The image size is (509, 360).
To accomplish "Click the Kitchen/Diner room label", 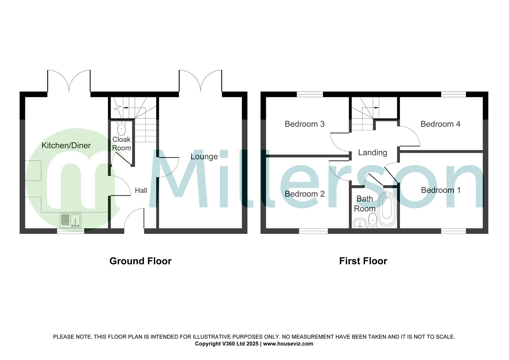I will [66, 145].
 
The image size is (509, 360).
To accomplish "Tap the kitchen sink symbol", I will [70, 220].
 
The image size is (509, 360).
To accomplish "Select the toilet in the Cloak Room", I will [122, 128].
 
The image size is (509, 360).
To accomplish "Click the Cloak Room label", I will [122, 144].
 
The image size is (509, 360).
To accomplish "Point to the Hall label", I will [141, 191].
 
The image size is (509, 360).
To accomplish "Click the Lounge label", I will [204, 156].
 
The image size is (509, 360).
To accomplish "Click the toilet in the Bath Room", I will [373, 220].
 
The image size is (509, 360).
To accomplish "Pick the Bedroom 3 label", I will [304, 124].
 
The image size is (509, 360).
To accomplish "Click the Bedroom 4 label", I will [440, 124].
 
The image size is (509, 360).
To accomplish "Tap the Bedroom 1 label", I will [441, 190].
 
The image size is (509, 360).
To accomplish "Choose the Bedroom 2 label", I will [304, 194].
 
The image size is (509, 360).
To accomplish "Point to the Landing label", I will [372, 152].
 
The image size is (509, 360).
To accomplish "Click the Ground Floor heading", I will [140, 261].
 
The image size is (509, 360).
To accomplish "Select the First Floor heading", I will [363, 261].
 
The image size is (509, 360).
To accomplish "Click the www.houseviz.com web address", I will [288, 344].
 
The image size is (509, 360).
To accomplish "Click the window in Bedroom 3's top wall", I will [310, 95].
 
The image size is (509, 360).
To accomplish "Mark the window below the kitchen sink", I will [70, 231].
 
